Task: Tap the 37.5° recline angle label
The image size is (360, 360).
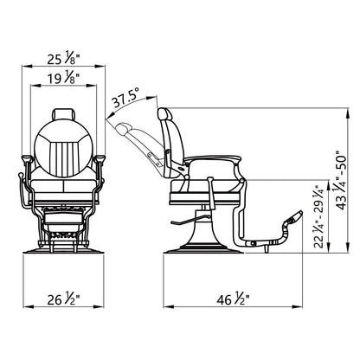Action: pyautogui.click(x=125, y=97)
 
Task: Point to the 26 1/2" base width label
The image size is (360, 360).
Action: pyautogui.click(x=63, y=299)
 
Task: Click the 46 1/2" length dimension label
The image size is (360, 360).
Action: pyautogui.click(x=233, y=299)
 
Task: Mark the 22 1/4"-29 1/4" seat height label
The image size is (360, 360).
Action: pyautogui.click(x=319, y=216)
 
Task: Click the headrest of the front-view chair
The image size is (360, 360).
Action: pyautogui.click(x=64, y=113)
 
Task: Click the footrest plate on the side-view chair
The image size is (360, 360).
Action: pyautogui.click(x=293, y=218)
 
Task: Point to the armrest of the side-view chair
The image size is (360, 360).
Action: pyautogui.click(x=212, y=158)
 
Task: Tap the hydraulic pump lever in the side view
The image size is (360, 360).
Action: pyautogui.click(x=189, y=220)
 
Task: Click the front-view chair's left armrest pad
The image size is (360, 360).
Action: pyautogui.click(x=27, y=158)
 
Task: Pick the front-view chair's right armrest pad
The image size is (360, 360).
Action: pyautogui.click(x=100, y=158)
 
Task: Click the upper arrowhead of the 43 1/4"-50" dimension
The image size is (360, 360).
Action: pyautogui.click(x=349, y=112)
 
